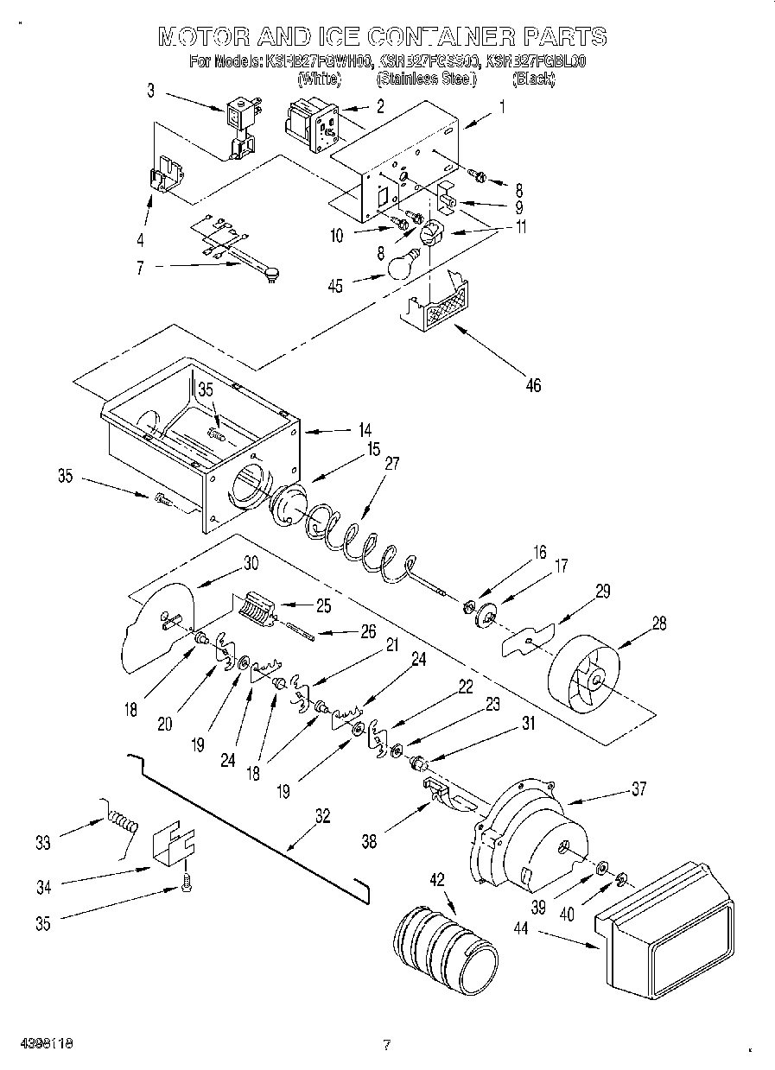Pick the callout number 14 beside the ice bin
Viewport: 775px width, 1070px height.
coord(365,428)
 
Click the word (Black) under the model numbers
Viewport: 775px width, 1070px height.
coord(533,79)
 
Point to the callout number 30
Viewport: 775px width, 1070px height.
coord(251,562)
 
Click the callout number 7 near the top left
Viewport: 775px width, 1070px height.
coord(140,269)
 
